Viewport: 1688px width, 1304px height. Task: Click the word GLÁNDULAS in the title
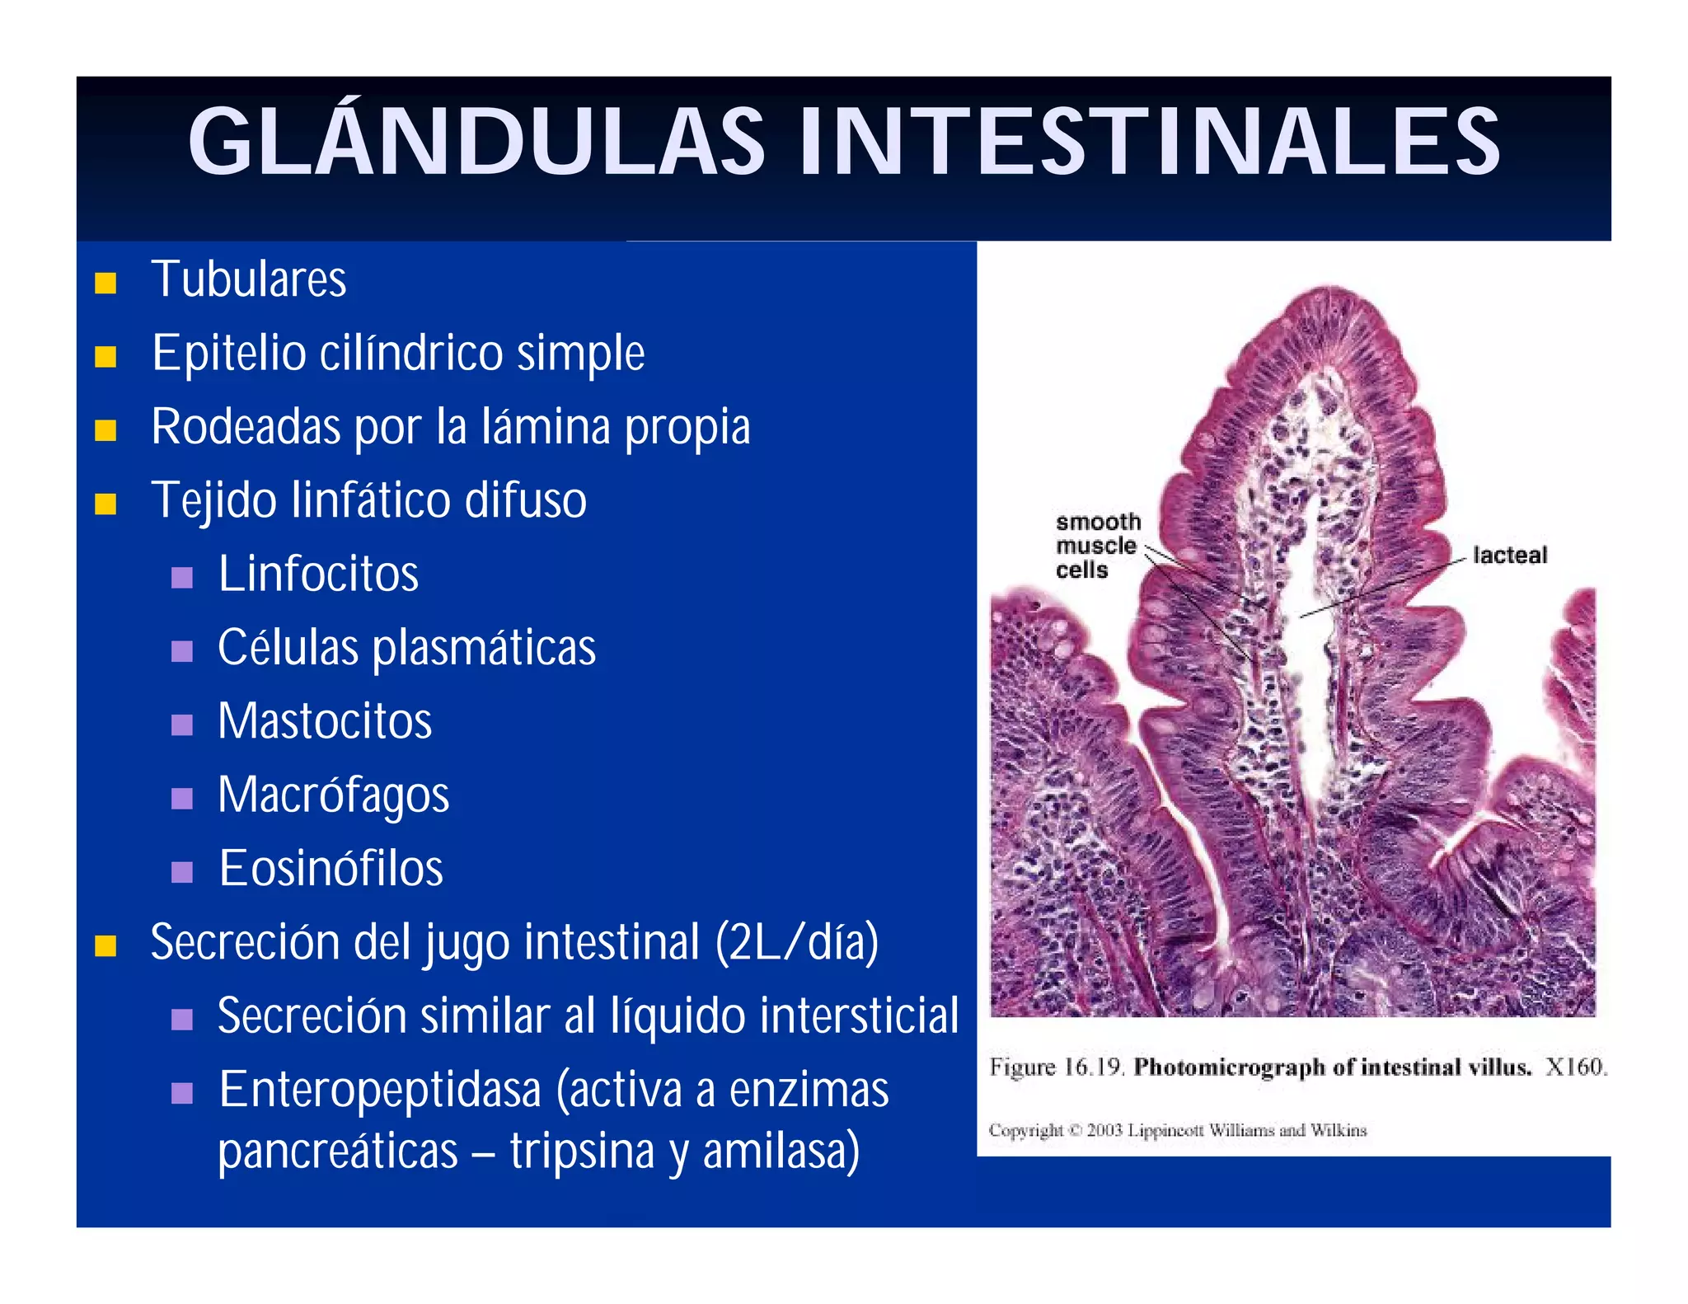coord(476,142)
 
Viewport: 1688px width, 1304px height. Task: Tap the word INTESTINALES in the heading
coord(1149,142)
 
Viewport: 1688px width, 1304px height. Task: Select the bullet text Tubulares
coord(249,279)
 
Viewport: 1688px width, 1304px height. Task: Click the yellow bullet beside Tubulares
coord(105,284)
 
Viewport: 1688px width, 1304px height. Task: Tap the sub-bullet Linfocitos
coord(318,574)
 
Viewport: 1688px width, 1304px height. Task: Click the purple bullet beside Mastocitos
coord(181,725)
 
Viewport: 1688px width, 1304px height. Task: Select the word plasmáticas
coord(484,648)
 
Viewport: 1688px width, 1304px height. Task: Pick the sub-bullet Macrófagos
coord(333,795)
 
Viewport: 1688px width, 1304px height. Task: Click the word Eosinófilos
coord(331,869)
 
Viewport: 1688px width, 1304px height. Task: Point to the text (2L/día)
coord(796,942)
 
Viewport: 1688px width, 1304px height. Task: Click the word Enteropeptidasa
coord(380,1090)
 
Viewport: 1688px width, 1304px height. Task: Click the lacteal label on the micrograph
coord(1509,556)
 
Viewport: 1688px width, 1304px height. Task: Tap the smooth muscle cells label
coord(1097,546)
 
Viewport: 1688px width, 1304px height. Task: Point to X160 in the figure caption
coord(1575,1067)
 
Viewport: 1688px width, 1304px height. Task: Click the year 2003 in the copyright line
coord(1104,1130)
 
